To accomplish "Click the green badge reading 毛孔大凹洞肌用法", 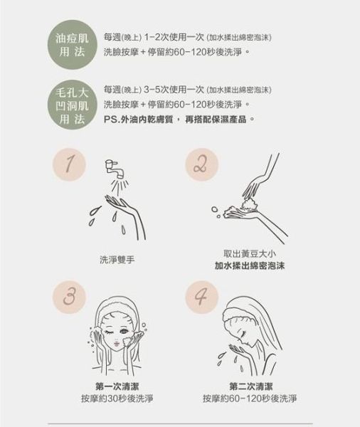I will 72,105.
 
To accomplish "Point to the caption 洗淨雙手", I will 118,260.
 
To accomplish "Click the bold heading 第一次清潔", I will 118,385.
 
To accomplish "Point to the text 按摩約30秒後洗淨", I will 118,398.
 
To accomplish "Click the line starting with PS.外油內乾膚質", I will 179,119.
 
